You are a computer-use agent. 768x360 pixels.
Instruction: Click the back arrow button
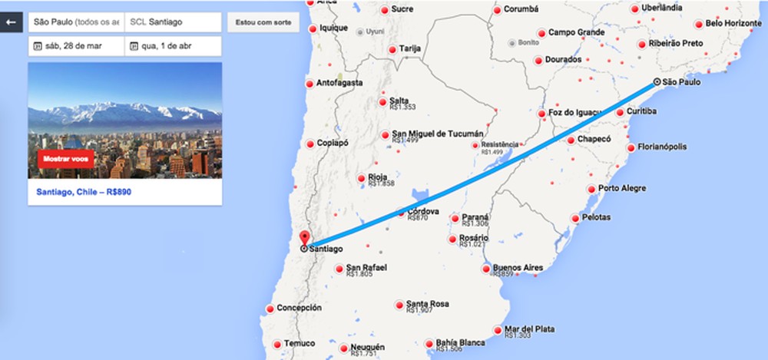coord(12,22)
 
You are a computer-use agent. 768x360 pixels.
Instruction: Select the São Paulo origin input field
coord(75,22)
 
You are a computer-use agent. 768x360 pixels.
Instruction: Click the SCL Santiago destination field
coord(172,22)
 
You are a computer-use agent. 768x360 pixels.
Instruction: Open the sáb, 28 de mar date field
coord(75,46)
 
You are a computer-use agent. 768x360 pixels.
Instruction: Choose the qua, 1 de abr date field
coord(172,46)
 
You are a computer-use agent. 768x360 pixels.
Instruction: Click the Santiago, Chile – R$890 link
coord(84,191)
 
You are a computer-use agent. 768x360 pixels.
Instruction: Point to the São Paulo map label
coord(680,81)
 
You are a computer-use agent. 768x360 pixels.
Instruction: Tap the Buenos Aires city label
coord(518,267)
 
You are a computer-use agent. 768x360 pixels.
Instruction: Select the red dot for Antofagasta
coord(310,84)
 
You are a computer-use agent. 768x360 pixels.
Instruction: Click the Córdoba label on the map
coord(423,211)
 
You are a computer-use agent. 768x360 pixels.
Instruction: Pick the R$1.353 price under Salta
coord(402,107)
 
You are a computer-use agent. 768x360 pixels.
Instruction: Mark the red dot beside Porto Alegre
coord(591,189)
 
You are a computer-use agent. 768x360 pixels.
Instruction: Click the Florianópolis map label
coord(662,147)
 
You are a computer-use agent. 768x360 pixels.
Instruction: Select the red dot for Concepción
coord(270,309)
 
